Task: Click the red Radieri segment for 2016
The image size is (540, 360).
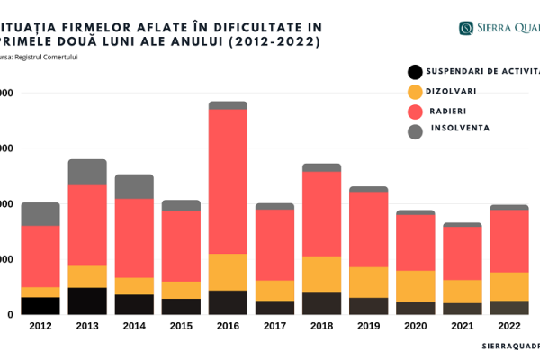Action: point(228,181)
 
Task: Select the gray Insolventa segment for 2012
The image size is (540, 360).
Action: point(40,214)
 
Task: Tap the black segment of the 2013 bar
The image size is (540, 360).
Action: point(87,301)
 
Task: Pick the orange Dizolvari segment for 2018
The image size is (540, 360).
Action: point(321,274)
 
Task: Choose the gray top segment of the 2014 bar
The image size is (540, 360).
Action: point(134,186)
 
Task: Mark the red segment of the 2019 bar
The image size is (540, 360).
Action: point(368,229)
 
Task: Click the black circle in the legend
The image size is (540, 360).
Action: point(415,72)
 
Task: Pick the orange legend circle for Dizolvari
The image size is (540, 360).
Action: point(415,92)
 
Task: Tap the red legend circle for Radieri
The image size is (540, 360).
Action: point(415,112)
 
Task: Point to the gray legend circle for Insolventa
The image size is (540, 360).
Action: point(415,131)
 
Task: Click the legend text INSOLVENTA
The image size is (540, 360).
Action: point(460,128)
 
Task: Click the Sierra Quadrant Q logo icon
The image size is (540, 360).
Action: point(466,28)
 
